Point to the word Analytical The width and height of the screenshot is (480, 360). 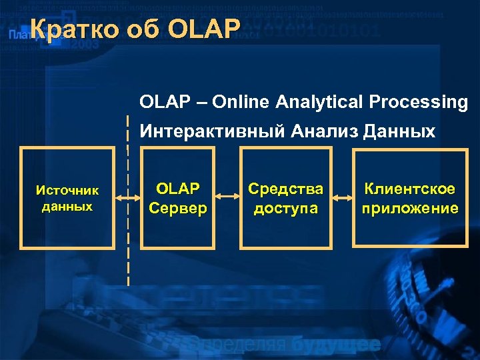pos(318,102)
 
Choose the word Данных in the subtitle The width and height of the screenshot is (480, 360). pos(399,132)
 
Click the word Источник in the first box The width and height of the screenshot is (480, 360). pos(67,191)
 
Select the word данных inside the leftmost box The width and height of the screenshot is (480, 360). pos(67,206)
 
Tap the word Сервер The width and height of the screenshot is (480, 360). pos(178,209)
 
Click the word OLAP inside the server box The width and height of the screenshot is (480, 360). pos(178,190)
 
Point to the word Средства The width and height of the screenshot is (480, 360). pos(285,190)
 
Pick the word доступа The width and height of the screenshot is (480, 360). pos(285,209)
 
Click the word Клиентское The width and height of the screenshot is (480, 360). pos(410,190)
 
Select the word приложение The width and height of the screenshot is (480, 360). pos(410,209)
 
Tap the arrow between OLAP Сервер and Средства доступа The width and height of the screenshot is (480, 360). pos(229,198)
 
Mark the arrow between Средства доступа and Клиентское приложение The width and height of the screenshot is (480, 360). pos(342,198)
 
